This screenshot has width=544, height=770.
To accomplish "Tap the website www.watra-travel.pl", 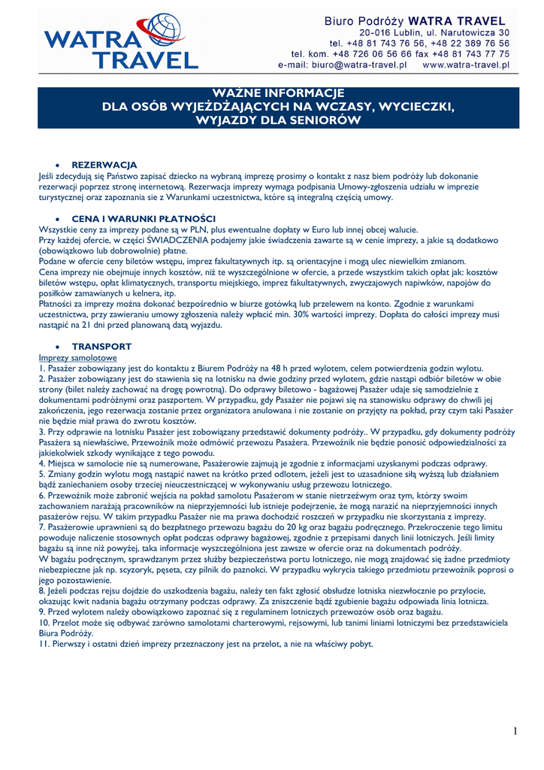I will click(466, 65).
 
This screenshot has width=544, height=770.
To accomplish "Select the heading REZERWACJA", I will click(104, 164).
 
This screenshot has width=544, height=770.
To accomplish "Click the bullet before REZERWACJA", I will click(58, 164).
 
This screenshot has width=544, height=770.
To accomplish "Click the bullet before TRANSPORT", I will click(58, 347).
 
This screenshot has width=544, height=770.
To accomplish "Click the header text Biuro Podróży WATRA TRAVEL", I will click(415, 21).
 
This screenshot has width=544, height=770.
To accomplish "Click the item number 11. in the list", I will click(45, 644).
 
